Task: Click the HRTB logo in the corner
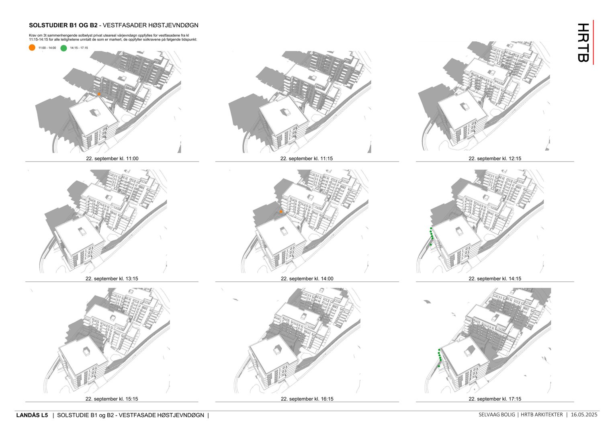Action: [x=583, y=42]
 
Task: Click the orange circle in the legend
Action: [x=32, y=48]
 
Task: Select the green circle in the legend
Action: [x=63, y=48]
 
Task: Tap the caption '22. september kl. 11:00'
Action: [x=112, y=158]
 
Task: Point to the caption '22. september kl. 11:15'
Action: [x=307, y=158]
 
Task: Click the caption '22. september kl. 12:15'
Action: [x=495, y=158]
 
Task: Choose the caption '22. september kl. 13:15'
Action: [x=112, y=278]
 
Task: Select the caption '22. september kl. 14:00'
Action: [x=307, y=278]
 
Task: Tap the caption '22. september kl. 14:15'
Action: [x=495, y=278]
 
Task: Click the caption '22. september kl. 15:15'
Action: [x=112, y=399]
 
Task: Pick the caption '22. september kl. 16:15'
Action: [x=307, y=399]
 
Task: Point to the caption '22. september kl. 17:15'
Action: [x=495, y=399]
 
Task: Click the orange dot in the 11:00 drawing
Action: [x=99, y=94]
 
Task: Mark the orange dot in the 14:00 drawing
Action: [x=281, y=212]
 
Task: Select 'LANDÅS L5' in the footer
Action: [x=32, y=415]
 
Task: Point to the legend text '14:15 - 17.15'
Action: [x=79, y=48]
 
